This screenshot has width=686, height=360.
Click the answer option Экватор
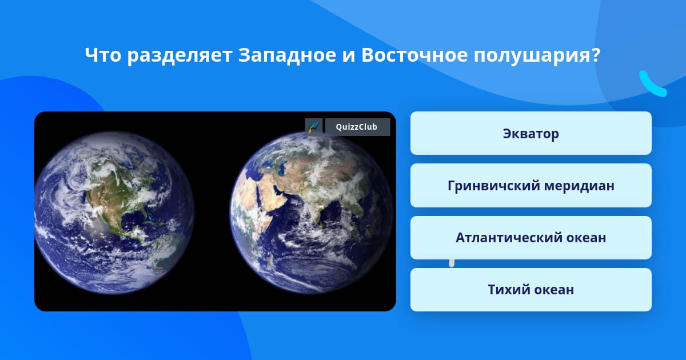531,133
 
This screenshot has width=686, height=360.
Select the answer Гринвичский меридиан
531,186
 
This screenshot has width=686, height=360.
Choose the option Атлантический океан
531,238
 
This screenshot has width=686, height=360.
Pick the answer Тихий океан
531,290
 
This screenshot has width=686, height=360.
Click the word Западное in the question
287,55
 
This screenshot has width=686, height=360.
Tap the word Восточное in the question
414,55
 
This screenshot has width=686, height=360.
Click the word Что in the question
103,55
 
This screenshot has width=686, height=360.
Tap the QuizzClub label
357,127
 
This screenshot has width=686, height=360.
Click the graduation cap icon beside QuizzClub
314,126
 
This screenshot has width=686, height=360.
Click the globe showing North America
114,213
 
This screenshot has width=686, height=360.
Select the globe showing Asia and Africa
312,213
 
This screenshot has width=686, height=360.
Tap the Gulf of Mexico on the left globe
132,220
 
